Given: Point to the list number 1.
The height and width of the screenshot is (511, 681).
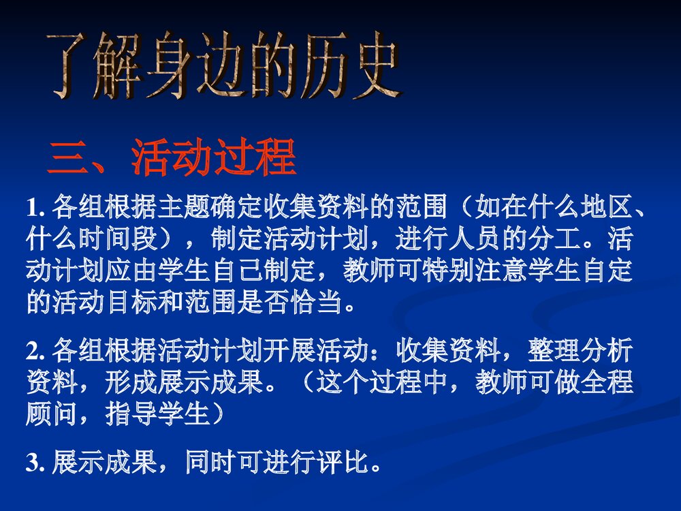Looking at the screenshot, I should click(33, 205).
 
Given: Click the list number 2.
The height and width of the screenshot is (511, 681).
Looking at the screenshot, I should click(33, 352).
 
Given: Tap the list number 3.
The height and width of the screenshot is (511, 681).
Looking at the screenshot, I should click(33, 465).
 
